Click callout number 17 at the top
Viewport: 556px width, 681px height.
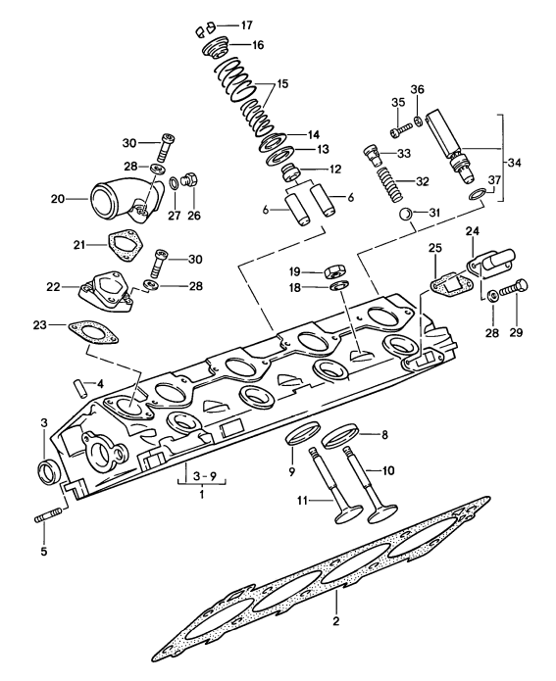click(x=245, y=24)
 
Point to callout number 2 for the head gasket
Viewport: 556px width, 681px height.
click(x=335, y=621)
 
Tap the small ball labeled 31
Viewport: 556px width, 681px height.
click(x=403, y=214)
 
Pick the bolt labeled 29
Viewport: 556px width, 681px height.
click(x=513, y=291)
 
